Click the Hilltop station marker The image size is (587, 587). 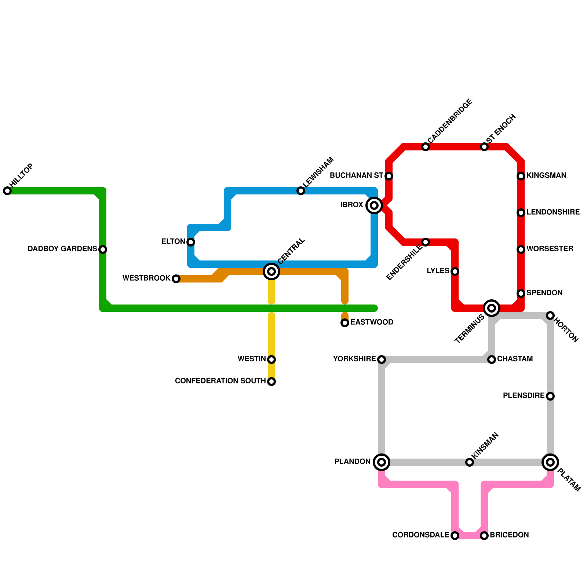click(7, 191)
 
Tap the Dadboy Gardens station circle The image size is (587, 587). click(103, 249)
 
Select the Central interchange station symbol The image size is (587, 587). click(271, 271)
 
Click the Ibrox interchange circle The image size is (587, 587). click(374, 205)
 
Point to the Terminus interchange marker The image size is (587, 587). click(492, 308)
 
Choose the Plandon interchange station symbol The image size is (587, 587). click(382, 462)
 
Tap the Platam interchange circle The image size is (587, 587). click(550, 462)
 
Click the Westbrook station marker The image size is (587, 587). click(176, 279)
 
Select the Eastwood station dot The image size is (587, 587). click(345, 323)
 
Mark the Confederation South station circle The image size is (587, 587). click(271, 382)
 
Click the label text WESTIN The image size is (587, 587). click(252, 359)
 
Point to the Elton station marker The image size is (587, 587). click(191, 242)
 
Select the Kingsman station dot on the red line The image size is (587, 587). click(521, 176)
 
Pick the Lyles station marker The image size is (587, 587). click(455, 271)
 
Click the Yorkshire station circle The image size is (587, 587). click(382, 360)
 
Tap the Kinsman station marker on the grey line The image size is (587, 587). click(470, 462)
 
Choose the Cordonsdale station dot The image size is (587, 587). click(455, 536)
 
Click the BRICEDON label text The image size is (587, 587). click(509, 535)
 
